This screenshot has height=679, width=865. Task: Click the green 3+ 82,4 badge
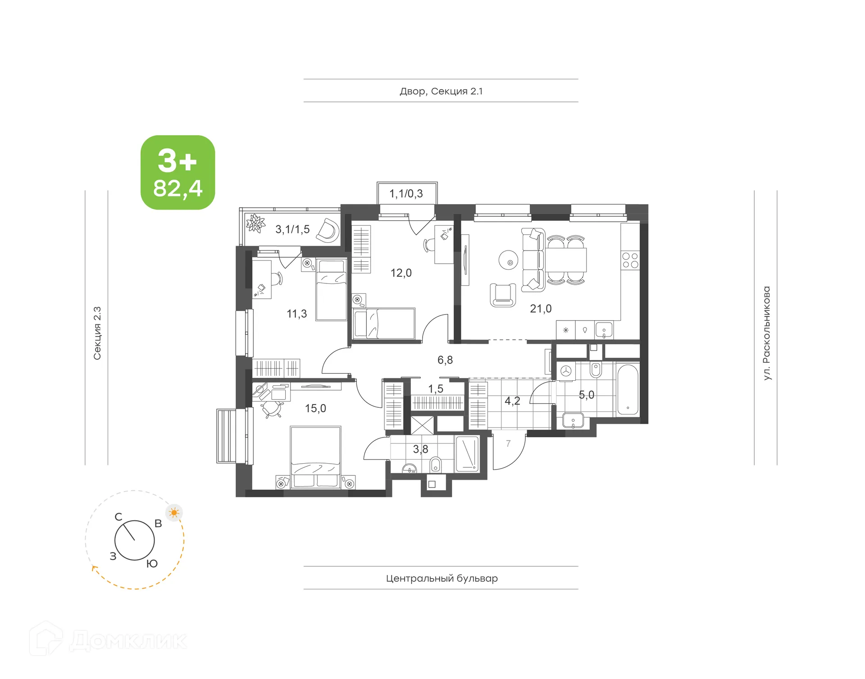(178, 172)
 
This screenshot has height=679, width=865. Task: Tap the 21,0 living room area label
(540, 309)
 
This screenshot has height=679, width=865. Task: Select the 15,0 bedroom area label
(315, 408)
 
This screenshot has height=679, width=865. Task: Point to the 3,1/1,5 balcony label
(292, 229)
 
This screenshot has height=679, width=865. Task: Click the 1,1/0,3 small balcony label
(406, 194)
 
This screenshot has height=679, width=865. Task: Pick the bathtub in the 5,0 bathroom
(628, 390)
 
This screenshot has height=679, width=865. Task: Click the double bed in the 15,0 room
(315, 456)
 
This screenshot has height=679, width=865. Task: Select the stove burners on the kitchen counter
(630, 260)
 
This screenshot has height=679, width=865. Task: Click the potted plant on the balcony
(255, 223)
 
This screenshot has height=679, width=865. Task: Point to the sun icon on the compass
(174, 513)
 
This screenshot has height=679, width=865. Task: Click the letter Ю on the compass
(152, 564)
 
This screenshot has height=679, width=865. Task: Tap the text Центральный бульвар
(442, 578)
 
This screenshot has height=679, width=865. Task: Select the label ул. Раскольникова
(766, 333)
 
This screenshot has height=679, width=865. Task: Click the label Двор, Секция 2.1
(441, 91)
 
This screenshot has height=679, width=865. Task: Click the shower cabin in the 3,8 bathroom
(468, 454)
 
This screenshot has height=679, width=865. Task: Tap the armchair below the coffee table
(503, 295)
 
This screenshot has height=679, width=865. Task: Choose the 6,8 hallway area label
(445, 360)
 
